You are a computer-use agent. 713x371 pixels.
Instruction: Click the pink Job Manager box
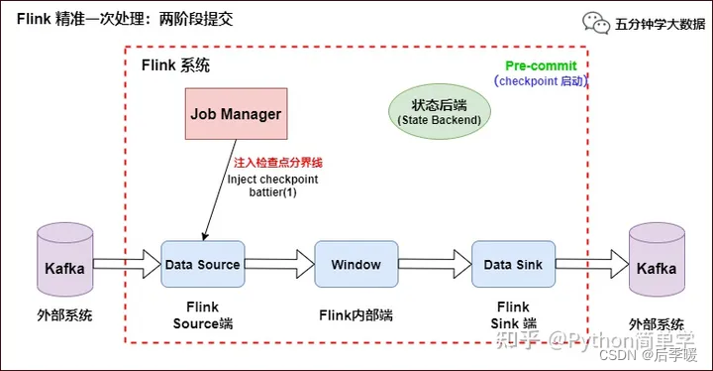click(x=236, y=114)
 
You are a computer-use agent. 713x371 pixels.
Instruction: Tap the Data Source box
click(x=202, y=265)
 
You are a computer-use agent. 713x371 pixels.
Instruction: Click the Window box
click(x=356, y=265)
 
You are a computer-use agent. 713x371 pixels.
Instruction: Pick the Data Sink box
click(x=512, y=265)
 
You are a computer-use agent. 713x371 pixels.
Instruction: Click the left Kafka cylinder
click(x=64, y=267)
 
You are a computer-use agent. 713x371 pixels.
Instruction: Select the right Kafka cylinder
click(x=657, y=267)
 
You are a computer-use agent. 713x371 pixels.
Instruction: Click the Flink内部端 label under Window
click(x=356, y=315)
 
